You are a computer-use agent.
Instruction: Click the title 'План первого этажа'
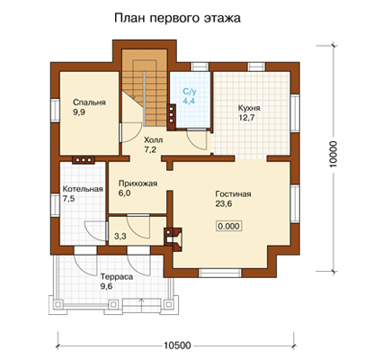point(177,18)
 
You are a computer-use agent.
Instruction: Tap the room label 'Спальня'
point(89,103)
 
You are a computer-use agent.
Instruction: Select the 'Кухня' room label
point(249,108)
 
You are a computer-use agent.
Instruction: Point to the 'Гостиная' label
point(233,194)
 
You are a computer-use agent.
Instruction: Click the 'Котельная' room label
point(83,189)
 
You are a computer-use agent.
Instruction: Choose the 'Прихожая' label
point(138,184)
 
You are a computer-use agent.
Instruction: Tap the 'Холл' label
point(154,140)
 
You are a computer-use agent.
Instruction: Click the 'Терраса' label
point(117,276)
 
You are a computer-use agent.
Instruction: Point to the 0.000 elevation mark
point(229,226)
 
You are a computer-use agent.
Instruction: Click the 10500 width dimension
point(177,346)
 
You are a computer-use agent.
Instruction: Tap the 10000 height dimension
point(333,154)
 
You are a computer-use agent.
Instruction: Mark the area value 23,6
point(224,204)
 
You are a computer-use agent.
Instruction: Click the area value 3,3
point(120,237)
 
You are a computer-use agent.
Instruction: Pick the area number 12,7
point(246,118)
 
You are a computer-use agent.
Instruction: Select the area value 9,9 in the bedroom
point(79,112)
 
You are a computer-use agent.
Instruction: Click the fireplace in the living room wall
point(173,238)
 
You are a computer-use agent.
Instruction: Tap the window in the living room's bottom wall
point(220,273)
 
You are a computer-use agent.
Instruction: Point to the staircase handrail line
point(144,99)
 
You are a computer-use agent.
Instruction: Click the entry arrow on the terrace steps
point(141,302)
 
